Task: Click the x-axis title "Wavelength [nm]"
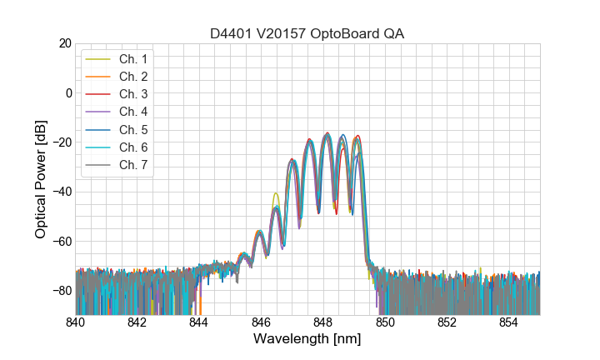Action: coord(307,340)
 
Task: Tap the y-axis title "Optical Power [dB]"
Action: coord(41,179)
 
